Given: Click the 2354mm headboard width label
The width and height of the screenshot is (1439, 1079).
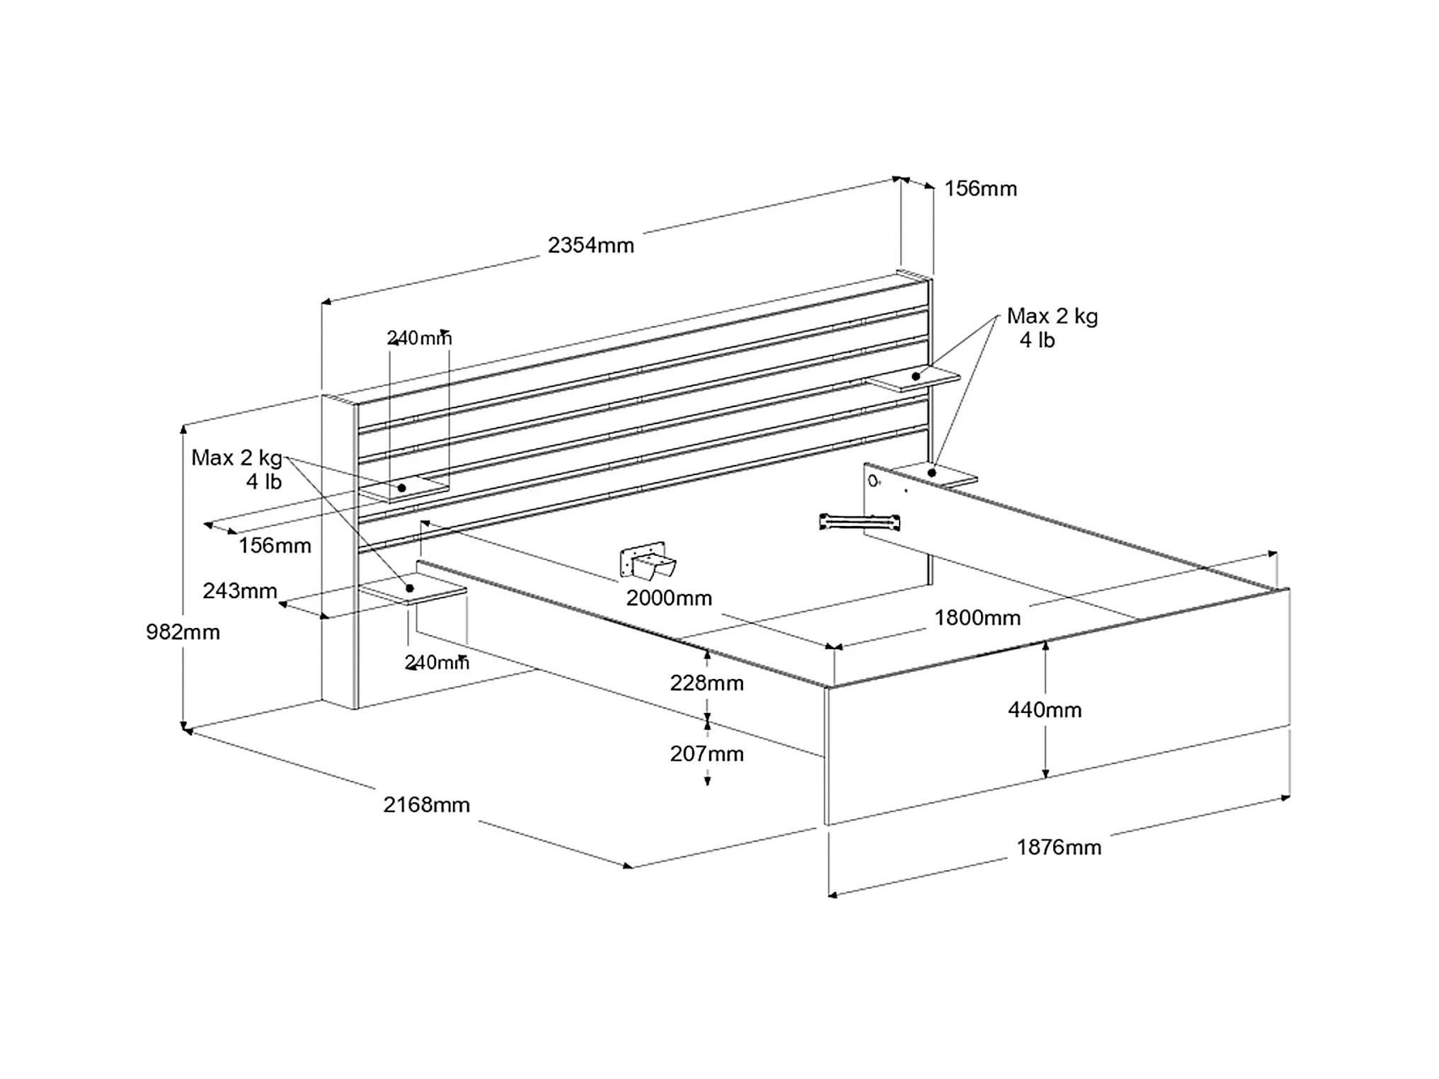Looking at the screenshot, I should point(590,245).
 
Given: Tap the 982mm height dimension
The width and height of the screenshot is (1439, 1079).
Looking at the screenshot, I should point(183,632).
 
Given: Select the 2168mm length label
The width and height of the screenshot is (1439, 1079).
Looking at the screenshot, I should point(426,804).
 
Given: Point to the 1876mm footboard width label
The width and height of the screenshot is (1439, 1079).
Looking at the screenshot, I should point(1058,847).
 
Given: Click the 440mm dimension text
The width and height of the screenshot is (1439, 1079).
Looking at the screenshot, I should point(1044,709).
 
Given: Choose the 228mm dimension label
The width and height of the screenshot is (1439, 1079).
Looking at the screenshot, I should point(706,683).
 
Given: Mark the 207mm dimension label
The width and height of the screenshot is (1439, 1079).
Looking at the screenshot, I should point(706,753).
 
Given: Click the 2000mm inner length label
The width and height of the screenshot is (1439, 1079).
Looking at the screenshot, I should point(668,598).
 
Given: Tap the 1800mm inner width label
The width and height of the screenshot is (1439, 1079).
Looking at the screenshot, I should point(977,617).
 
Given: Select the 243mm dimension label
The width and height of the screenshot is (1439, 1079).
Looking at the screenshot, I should point(239,590).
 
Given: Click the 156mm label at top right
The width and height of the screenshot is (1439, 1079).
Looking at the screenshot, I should point(980,188).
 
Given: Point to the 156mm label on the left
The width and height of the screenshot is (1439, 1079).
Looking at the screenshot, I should point(275,545).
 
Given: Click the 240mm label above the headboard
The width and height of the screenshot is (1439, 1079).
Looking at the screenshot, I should point(419,338).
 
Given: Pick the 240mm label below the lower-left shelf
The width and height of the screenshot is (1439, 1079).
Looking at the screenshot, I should point(436,662).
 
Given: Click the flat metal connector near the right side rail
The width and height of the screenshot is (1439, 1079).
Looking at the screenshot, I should point(859,522).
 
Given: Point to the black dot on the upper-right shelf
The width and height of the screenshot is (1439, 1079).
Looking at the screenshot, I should point(916,376).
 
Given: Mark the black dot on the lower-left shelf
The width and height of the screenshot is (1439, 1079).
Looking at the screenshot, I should point(409,588).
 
